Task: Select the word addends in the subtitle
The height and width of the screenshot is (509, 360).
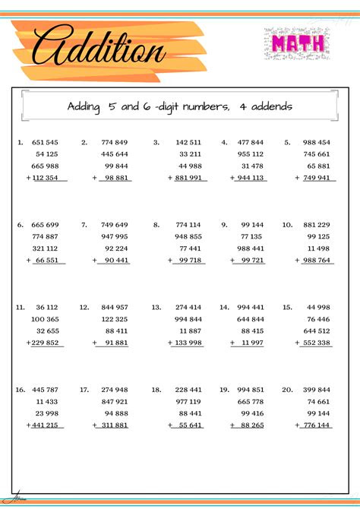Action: coord(268,106)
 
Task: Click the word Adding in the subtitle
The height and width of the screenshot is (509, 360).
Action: coord(83,106)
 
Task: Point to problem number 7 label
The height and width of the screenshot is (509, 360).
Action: coord(84,225)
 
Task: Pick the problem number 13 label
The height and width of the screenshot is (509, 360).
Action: coord(156,307)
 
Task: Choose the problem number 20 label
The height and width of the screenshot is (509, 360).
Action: coord(287,389)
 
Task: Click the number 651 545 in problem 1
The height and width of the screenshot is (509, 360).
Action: coord(45,142)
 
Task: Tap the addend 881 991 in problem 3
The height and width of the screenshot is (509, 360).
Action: coord(188,178)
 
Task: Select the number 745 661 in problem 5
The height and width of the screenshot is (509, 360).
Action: coord(317,154)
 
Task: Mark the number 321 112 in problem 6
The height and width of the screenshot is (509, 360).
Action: coord(45,248)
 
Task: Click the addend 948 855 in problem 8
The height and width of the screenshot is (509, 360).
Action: coord(188,236)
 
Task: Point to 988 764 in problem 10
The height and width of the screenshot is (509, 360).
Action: coord(317,260)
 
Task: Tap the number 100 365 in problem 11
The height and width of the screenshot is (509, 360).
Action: coord(45,319)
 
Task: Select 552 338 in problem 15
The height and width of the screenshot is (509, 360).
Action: coord(317,343)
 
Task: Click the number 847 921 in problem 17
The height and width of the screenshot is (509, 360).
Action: coord(114,401)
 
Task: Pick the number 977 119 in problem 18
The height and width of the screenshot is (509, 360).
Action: coord(188,401)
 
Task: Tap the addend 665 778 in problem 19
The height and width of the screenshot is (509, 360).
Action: coord(250,401)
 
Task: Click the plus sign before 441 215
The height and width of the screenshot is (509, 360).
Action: coord(27,425)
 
